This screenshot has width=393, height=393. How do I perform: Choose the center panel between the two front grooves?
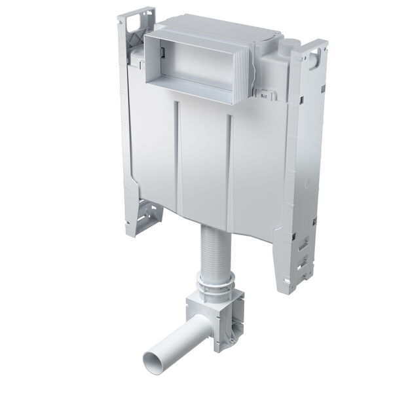click(203, 164)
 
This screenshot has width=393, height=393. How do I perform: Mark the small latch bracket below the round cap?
click(268, 95)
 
